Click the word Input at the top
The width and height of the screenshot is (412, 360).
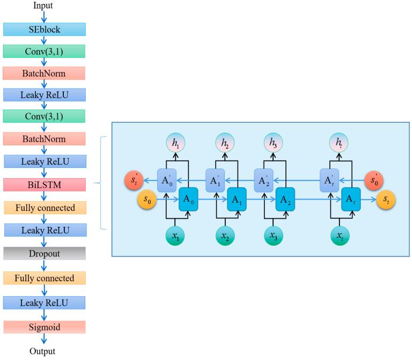[43, 6]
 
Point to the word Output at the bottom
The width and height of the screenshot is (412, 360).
[43, 352]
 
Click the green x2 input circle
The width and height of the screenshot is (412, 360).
[225, 236]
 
